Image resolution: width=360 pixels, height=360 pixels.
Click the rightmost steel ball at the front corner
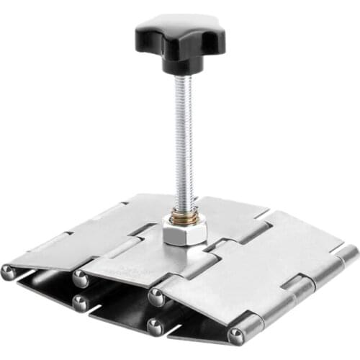pos(235,336)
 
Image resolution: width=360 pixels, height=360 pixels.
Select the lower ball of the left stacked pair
pos(81,304)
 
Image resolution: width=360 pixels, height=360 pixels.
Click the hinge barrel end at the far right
pos(349,253)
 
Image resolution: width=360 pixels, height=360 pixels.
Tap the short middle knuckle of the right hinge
pos(301,288)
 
